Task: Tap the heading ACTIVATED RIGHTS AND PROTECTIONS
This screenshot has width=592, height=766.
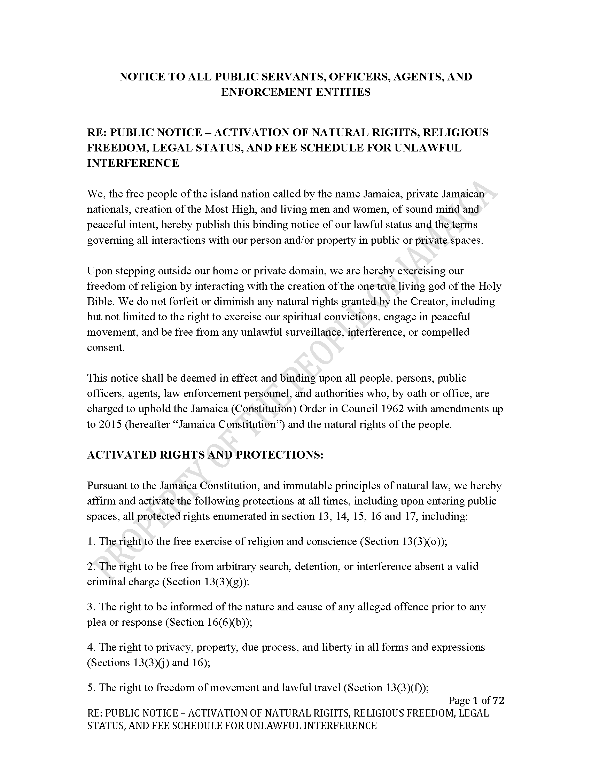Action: pyautogui.click(x=205, y=455)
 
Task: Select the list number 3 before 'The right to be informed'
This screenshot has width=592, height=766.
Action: pyautogui.click(x=90, y=607)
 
